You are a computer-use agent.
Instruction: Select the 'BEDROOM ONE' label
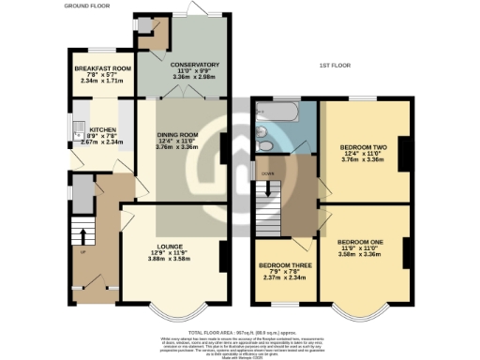360,242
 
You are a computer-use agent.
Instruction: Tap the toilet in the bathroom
264,145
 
